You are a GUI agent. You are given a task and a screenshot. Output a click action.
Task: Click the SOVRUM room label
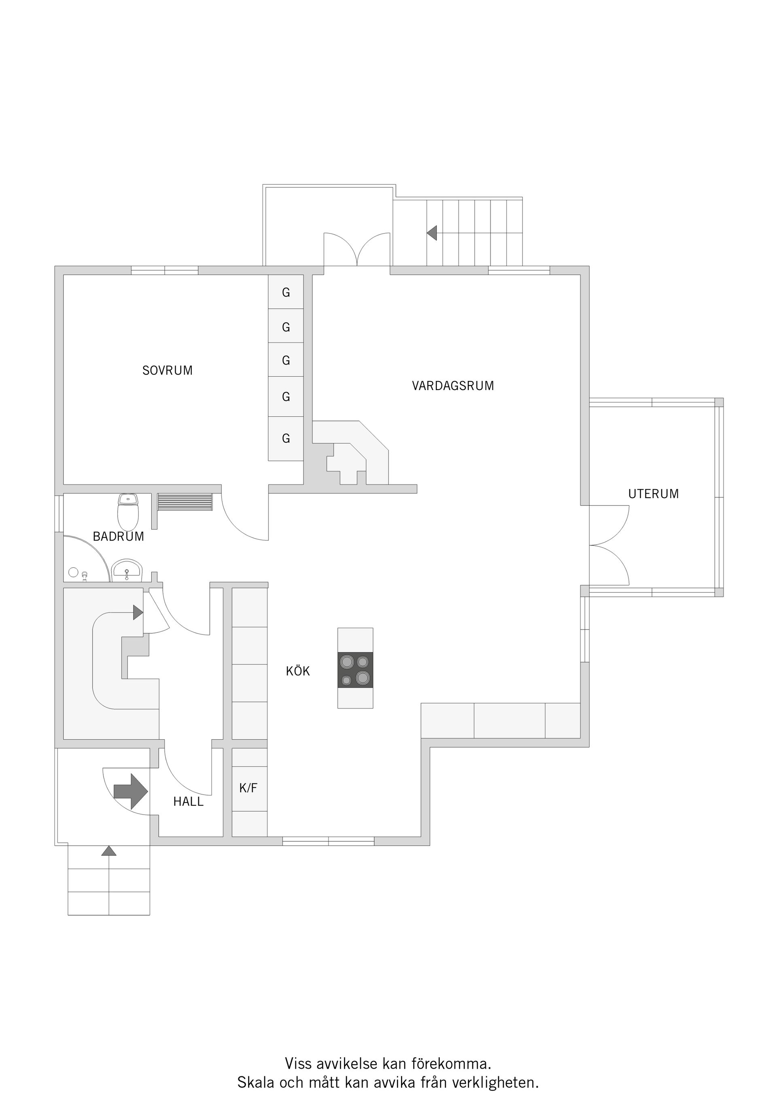pos(167,371)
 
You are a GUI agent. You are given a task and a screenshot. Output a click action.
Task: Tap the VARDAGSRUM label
pos(452,386)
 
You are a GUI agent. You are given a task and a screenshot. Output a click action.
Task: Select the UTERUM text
pos(653,494)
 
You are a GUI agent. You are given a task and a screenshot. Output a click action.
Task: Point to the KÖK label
pos(298,672)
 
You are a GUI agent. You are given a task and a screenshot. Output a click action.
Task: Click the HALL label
pos(188,802)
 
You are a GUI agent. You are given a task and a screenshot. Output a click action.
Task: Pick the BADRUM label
pos(118,537)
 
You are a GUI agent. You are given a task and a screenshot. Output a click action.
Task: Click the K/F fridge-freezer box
pos(249,788)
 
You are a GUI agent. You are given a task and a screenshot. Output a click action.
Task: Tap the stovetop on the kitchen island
pos(355,670)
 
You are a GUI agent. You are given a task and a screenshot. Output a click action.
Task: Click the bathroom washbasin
pos(127,571)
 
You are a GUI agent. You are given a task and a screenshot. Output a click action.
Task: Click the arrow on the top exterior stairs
pos(432,233)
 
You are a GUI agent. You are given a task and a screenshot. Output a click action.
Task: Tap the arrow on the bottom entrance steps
pos(109,851)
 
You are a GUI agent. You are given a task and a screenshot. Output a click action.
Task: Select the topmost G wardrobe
pos(286,292)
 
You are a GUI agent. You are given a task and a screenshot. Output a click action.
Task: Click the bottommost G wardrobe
pos(286,439)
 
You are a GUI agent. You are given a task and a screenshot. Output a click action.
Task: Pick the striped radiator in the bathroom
pos(185,503)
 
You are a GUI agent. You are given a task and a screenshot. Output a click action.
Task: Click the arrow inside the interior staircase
pos(138,612)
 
